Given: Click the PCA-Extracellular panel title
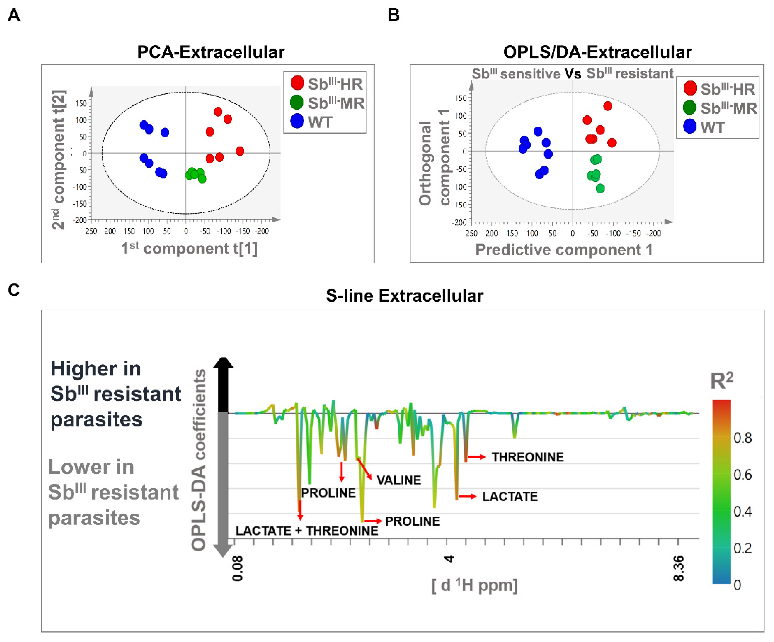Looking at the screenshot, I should (211, 52).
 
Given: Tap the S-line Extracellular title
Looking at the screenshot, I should (404, 296).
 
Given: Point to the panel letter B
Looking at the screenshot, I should (394, 15).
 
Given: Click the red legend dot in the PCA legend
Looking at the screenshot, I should (297, 83).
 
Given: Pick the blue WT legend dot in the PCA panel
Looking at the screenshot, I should (297, 121).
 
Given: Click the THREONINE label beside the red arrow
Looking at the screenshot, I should (528, 457).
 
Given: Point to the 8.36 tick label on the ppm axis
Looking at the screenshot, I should (678, 568).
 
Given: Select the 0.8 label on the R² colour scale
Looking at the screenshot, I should (742, 438).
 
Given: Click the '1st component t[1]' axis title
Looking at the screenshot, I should (189, 248).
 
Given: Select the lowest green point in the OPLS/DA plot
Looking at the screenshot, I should (600, 188).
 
